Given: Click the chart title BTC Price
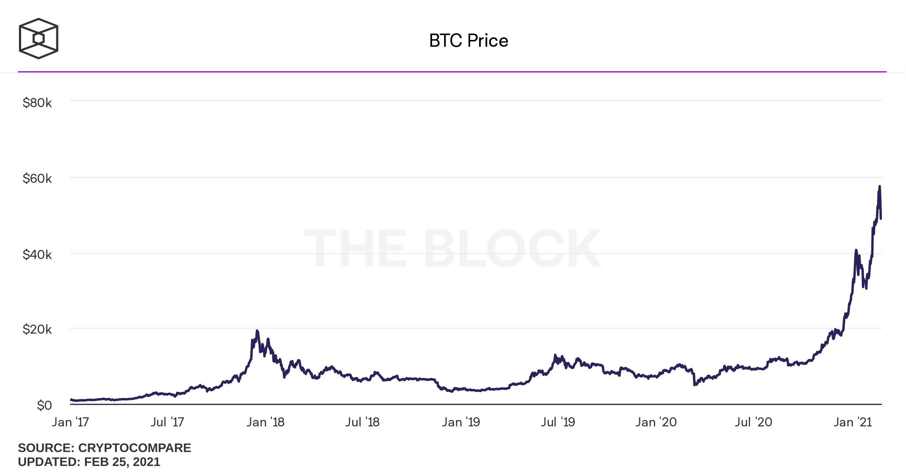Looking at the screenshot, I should pos(468,40).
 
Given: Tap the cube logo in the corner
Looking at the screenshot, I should pos(38,38).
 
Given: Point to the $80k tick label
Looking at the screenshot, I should pos(37,103).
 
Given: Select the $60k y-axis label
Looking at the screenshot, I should pos(37,178).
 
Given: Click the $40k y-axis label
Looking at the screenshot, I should pos(37,254).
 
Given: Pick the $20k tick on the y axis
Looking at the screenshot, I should pos(37,329).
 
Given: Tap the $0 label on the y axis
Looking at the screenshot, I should pos(44,405).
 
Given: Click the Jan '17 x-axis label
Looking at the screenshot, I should pos(70,422).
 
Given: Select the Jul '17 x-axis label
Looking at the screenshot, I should pos(167,422).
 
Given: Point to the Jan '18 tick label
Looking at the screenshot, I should pos(265,422).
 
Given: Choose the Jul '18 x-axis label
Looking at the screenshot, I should pos(362,422).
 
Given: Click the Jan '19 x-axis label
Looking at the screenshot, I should pos(461,422).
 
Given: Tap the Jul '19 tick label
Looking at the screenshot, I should pos(558,422).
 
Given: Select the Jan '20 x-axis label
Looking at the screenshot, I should pos(656,422).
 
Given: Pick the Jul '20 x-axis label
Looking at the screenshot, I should pos(753,422).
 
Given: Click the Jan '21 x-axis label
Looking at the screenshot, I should pos(852,422).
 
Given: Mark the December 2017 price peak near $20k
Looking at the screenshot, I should pos(257,331).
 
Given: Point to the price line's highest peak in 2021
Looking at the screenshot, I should pos(880,186).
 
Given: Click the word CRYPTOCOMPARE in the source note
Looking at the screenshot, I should pos(134,448).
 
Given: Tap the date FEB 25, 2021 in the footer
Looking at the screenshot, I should pos(122,462).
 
